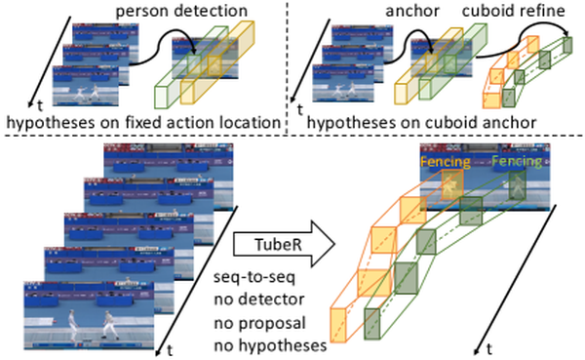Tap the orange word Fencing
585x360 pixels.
pos(446,162)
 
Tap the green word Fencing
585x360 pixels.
pos(517,161)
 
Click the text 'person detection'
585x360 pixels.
pos(181,11)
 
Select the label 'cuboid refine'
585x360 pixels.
pos(514,11)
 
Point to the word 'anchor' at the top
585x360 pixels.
pos(412,11)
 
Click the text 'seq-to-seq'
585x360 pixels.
pos(254,277)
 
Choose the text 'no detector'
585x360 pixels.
pos(259,300)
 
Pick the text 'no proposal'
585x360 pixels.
pos(259,323)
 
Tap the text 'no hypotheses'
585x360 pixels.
pos(270,345)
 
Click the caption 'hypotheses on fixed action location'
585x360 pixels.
pos(143,122)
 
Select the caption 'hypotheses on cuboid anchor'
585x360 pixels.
pos(421,122)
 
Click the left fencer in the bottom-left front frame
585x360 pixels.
pos(73,325)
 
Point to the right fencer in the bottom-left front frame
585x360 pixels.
pos(109,325)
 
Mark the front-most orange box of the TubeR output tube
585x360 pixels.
pos(338,325)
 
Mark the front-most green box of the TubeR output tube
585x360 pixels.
pos(372,324)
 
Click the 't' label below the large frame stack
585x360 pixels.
pos(170,350)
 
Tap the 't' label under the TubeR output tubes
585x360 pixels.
pos(489,349)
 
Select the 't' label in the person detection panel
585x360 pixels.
pos(40,106)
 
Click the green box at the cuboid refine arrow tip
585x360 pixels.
pos(567,45)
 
